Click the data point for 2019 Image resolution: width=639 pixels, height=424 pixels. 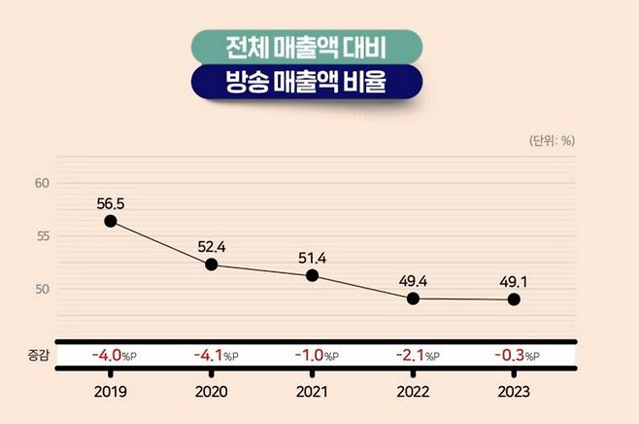(111, 222)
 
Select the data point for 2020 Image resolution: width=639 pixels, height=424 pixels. (212, 265)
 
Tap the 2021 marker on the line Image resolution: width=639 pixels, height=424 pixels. (312, 275)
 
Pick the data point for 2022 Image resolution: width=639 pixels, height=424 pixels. (413, 299)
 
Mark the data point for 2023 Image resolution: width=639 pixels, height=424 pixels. (514, 300)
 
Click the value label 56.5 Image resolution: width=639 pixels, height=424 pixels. (112, 203)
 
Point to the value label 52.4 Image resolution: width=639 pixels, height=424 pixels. (213, 246)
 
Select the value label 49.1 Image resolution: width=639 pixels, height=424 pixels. (514, 281)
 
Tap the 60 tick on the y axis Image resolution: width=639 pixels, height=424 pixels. (41, 183)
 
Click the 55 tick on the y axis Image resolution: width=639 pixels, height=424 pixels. (41, 236)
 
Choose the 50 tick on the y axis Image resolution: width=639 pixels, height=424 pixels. (41, 290)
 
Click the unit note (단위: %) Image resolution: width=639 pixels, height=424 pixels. (551, 140)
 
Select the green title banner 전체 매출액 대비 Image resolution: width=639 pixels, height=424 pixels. (319, 46)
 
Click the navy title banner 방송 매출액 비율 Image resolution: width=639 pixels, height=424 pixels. (319, 83)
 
